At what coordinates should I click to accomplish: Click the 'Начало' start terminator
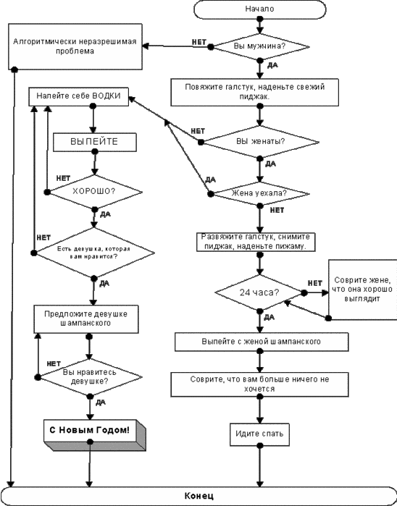[259, 9]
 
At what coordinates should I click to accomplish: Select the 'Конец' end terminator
[198, 496]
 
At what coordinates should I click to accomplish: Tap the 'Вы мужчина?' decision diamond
[260, 46]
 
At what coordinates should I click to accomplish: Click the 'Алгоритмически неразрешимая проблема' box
[75, 46]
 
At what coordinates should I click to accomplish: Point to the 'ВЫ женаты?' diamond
[260, 142]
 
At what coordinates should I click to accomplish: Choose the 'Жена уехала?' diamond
[260, 193]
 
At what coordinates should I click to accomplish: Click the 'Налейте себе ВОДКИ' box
[78, 96]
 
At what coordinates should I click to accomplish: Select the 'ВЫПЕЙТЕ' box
[95, 143]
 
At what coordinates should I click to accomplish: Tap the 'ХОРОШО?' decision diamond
[94, 192]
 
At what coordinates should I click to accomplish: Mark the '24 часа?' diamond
[259, 292]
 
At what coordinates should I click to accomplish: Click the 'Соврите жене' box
[363, 290]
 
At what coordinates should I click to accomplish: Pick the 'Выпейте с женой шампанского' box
[262, 342]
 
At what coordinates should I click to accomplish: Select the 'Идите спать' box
[259, 434]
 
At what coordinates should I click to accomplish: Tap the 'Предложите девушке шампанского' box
[86, 319]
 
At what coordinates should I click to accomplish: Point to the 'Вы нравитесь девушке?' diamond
[90, 377]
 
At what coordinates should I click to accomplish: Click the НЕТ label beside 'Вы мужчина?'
[199, 42]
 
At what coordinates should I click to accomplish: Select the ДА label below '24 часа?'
[269, 318]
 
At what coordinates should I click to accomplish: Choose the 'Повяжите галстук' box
[255, 92]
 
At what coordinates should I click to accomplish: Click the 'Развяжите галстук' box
[256, 242]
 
